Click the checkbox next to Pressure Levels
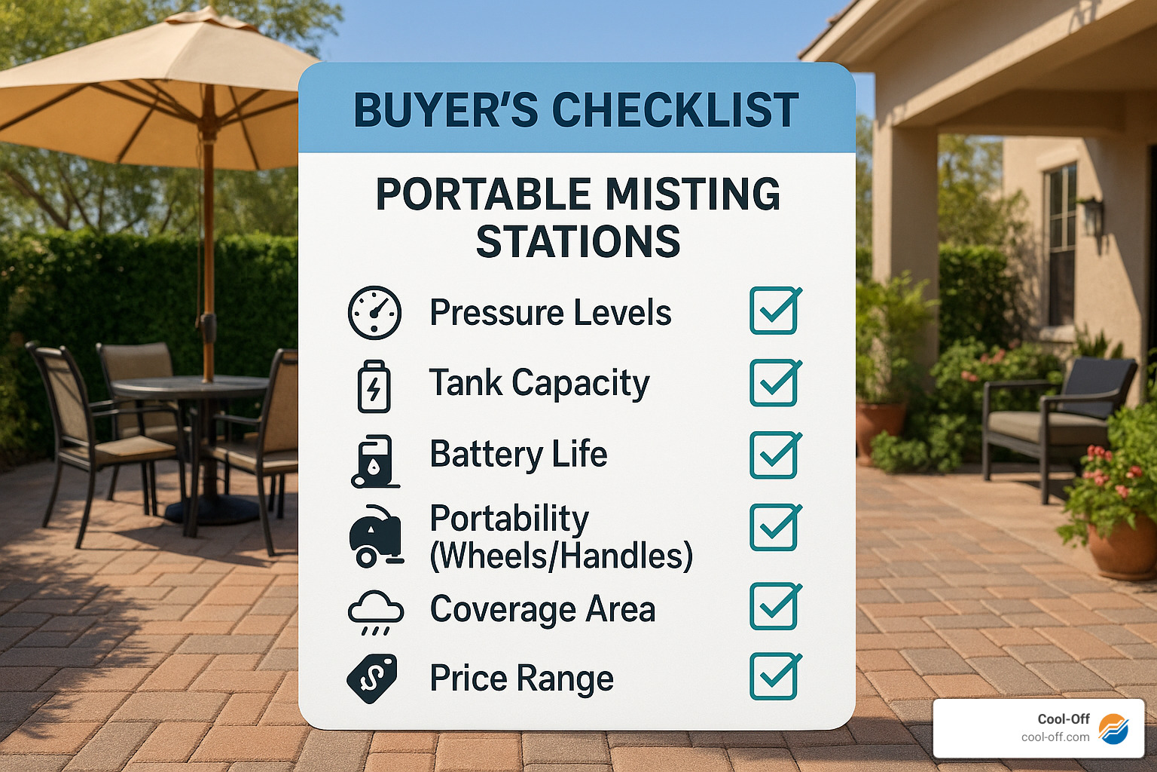coord(774,311)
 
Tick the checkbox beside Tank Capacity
coord(774,383)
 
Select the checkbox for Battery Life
coord(774,455)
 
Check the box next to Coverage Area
coord(774,607)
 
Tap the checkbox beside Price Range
coord(774,676)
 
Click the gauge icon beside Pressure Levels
coord(374,312)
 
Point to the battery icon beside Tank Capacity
coord(374,386)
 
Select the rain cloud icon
coord(375,611)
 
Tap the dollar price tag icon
coord(372,679)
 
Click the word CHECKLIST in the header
coord(675,110)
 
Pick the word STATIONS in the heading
coord(578,241)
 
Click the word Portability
coord(509,519)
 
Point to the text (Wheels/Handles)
coord(560,556)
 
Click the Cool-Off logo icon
coord(1113,729)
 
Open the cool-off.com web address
coord(1055,737)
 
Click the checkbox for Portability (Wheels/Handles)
coord(774,527)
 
